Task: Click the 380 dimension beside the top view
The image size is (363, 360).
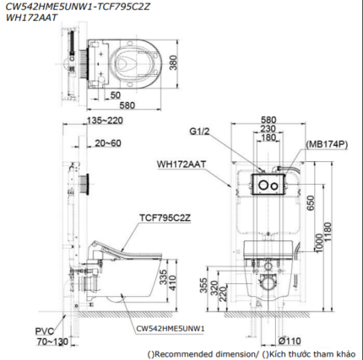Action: point(174,62)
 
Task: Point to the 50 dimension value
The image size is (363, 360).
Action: point(116,95)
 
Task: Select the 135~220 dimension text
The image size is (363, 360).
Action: point(105,121)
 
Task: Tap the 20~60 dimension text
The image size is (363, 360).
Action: point(108,143)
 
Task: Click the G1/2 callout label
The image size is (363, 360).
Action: point(199,132)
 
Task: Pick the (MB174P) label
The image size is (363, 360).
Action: point(327,144)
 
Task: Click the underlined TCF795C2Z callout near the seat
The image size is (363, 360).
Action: point(165,218)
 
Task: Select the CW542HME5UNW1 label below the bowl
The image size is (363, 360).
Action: point(171,329)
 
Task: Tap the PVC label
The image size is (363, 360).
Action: point(45,331)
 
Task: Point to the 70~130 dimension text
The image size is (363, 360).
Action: point(52,341)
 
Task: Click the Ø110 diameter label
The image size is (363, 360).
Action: point(290,341)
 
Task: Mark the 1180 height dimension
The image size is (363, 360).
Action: point(328,234)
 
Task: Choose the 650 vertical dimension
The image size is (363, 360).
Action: point(311,203)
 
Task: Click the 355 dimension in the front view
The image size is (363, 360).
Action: point(203,286)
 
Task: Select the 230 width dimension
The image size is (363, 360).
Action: point(268,129)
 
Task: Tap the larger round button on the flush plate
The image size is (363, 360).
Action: point(263,185)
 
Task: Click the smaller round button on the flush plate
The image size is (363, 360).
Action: point(274,185)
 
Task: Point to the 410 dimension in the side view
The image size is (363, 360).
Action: point(172,283)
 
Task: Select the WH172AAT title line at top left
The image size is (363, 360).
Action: point(31,18)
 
